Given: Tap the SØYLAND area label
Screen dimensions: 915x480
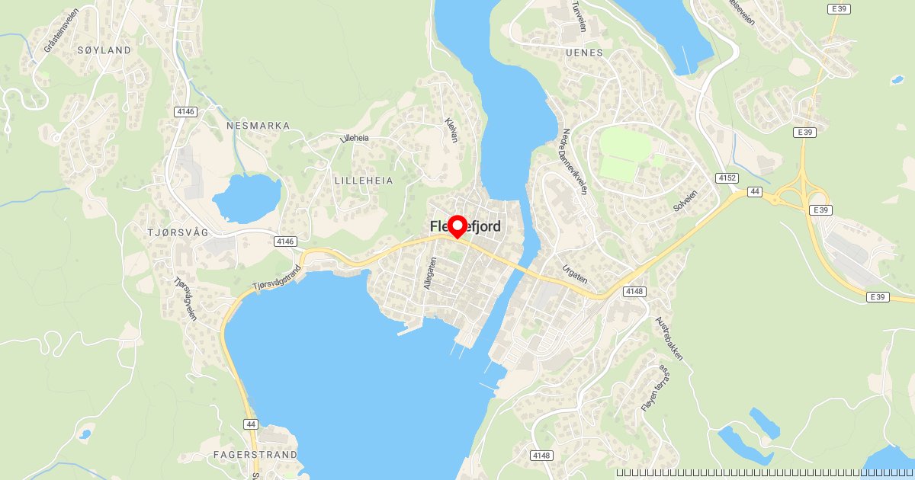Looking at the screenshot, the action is click(x=104, y=50).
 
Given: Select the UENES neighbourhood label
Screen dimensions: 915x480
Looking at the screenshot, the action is click(x=585, y=53).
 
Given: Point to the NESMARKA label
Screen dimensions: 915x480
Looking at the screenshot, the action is click(x=258, y=125).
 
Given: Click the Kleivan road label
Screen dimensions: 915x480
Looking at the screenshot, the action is click(x=452, y=131).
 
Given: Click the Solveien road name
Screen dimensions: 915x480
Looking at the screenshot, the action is click(x=685, y=197).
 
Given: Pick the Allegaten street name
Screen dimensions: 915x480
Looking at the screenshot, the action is click(x=430, y=273).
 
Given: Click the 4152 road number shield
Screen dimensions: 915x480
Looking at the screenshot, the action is click(x=727, y=178).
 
